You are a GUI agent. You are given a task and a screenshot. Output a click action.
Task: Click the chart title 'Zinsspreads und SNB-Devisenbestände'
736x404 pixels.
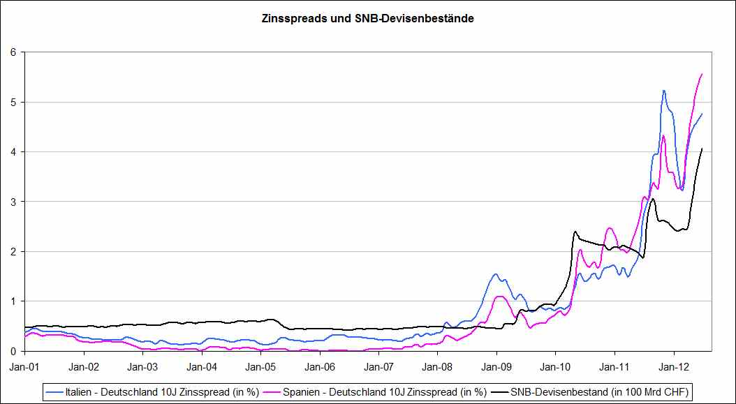(367, 19)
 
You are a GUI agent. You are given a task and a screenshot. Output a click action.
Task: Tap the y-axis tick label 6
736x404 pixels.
(13, 52)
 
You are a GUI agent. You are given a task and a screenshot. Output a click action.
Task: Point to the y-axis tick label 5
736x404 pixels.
(13, 102)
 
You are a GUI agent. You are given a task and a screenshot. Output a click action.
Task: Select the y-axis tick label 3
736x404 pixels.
(13, 202)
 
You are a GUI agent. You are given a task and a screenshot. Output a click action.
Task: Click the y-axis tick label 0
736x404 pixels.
(13, 351)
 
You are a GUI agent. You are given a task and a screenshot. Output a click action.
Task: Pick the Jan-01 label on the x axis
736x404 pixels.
(24, 364)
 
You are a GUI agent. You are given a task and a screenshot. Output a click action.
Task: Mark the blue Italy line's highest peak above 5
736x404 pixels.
(663, 90)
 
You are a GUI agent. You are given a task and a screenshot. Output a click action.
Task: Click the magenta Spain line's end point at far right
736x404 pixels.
(702, 73)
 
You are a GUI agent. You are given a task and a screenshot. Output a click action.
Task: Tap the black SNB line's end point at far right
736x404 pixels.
(702, 148)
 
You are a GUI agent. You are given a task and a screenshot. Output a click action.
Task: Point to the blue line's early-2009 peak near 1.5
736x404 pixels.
(495, 274)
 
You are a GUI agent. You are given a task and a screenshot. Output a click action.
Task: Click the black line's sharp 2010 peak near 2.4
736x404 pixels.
(575, 231)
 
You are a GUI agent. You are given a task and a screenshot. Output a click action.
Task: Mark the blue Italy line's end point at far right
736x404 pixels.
(702, 113)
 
